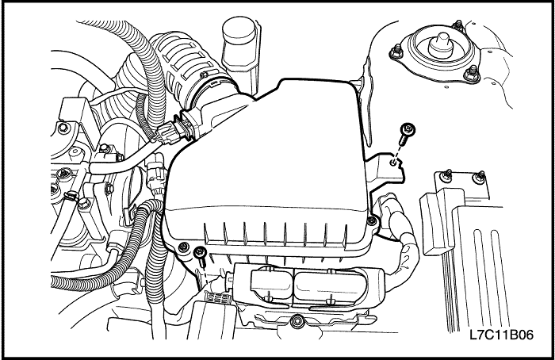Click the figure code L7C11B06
point(502,335)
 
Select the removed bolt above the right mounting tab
point(406,134)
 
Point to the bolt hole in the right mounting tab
point(393,162)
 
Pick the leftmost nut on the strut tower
point(396,52)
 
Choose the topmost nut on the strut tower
point(458,25)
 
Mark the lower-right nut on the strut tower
point(473,74)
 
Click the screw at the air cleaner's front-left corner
point(183,247)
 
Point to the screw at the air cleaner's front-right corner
point(371,220)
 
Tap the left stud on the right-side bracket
point(447,175)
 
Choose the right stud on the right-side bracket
point(480,177)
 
